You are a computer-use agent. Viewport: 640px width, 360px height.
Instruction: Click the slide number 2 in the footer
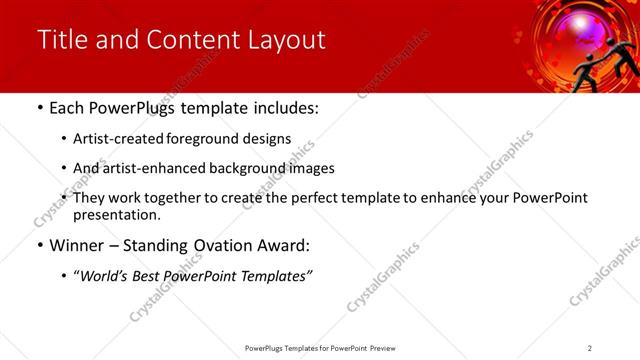(590, 348)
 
